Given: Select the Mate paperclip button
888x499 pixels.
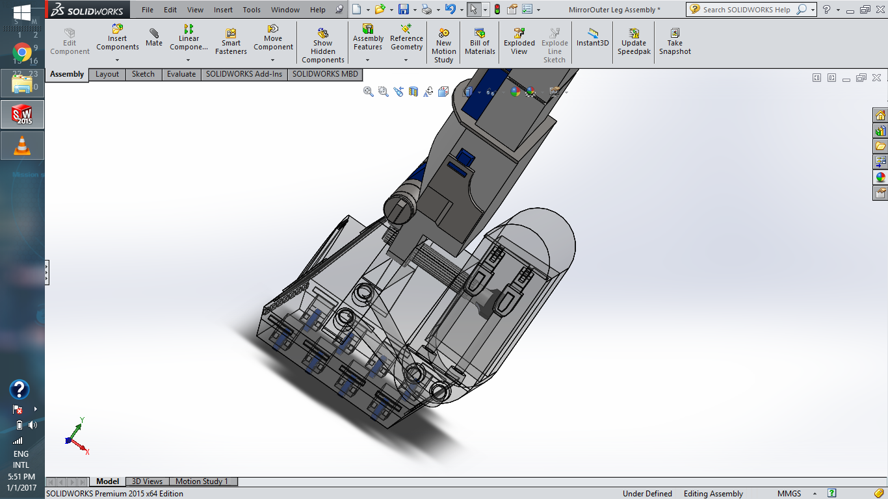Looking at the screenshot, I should pos(154,38).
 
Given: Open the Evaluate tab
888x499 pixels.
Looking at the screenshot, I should pos(181,74).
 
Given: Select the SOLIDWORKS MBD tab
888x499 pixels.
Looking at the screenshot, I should pos(325,74).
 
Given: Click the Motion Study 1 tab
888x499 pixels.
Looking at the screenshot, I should pos(202,481).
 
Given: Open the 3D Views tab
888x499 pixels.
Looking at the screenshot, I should pos(147,481).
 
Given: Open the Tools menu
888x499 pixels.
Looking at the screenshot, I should pos(252,10).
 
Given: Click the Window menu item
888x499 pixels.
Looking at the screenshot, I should pos(285,10).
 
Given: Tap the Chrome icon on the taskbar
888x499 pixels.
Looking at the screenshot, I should pos(22,52).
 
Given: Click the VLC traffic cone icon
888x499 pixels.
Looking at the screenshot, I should pos(22,146).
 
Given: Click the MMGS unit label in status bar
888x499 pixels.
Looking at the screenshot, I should pos(789,494).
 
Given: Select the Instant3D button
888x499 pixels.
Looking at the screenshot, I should pos(592,38).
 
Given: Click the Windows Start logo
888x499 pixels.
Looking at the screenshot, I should pos(22,12).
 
